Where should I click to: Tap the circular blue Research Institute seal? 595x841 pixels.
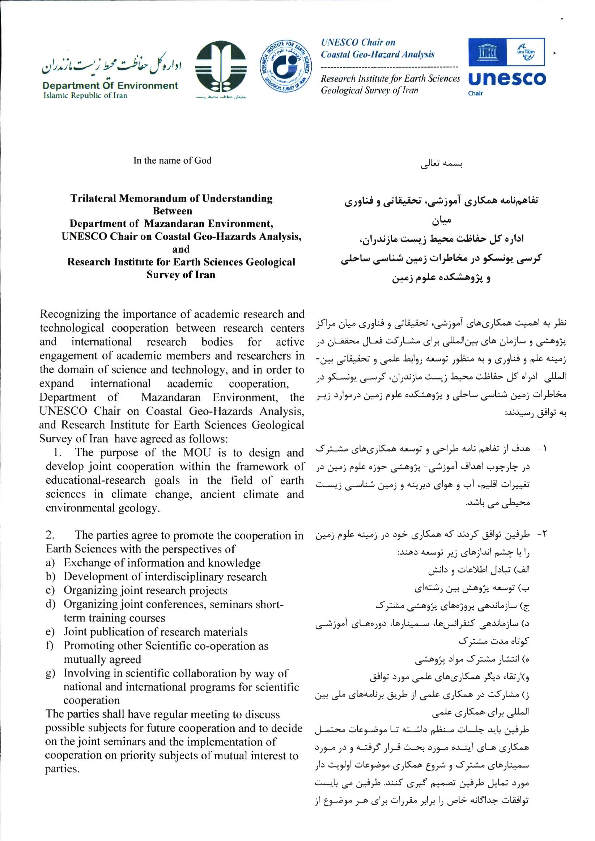point(286,65)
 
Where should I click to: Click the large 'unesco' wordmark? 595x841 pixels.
point(507,79)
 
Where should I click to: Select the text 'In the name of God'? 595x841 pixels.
point(172,161)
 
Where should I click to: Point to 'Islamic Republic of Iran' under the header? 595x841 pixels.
point(85,95)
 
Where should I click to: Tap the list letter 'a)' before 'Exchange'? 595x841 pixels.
point(50,563)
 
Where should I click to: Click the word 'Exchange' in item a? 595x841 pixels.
point(85,563)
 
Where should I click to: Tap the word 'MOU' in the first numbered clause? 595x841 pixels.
point(197,453)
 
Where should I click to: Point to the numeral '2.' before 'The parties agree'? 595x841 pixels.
point(50,535)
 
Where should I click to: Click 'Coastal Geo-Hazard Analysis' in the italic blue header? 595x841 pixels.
point(377,55)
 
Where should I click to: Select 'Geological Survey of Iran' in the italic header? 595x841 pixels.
point(369,90)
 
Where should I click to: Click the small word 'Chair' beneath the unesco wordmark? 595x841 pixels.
point(475,93)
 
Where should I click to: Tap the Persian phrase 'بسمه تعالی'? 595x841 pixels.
point(441,164)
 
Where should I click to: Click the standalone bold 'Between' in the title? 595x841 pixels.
point(172,211)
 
